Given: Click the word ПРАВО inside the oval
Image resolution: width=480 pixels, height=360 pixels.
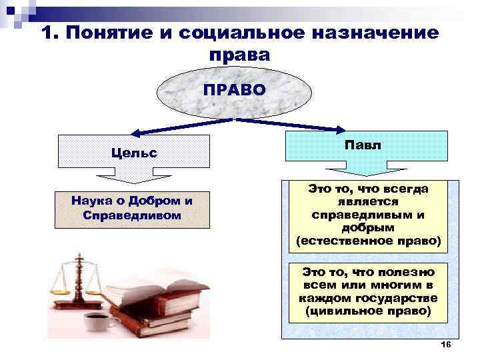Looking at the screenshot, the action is pos(234,90).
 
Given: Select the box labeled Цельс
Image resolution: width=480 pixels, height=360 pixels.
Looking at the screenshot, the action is pos(134,152).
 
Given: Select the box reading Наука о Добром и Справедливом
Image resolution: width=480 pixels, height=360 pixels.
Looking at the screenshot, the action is pos(133,207).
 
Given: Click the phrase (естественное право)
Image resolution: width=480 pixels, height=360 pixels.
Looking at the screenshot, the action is pos(369,239).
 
